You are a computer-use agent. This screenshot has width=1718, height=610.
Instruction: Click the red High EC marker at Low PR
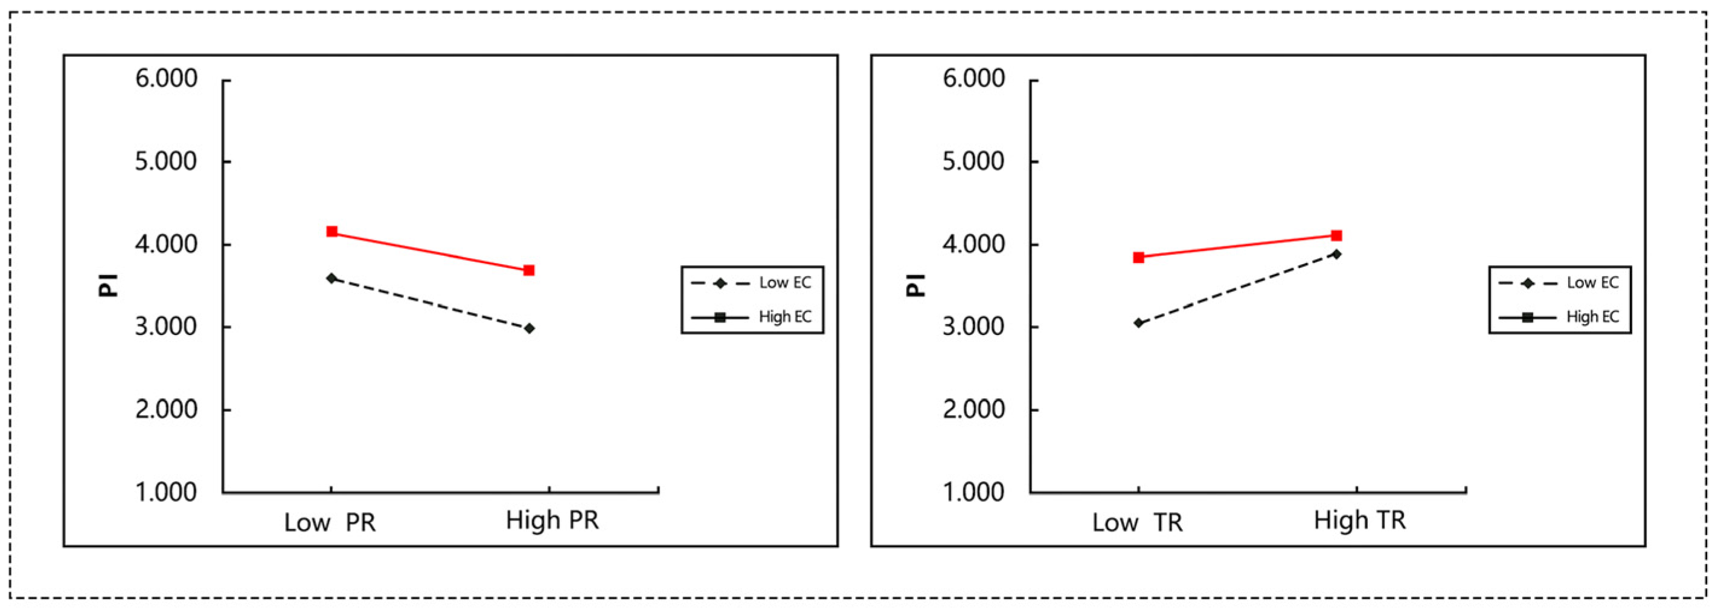pyautogui.click(x=332, y=232)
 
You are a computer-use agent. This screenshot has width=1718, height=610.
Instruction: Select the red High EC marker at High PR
pyautogui.click(x=529, y=270)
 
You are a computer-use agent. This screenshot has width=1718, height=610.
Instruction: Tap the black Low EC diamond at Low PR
pyautogui.click(x=332, y=278)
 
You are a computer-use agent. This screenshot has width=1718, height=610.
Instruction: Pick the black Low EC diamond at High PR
pyautogui.click(x=529, y=328)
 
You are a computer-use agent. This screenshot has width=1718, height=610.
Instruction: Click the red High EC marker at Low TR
pyautogui.click(x=1138, y=258)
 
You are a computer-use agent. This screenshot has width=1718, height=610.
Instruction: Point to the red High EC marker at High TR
pyautogui.click(x=1336, y=236)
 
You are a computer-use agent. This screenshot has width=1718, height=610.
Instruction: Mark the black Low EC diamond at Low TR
pyautogui.click(x=1138, y=323)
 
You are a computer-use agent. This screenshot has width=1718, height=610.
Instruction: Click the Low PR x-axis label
pyautogui.click(x=330, y=522)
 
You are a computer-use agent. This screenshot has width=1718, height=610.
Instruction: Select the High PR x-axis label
pyautogui.click(x=552, y=521)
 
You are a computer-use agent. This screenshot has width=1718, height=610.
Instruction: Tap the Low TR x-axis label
pyautogui.click(x=1138, y=522)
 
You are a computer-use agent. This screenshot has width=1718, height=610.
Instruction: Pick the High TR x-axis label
pyautogui.click(x=1360, y=521)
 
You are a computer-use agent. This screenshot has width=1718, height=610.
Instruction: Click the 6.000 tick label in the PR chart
pyautogui.click(x=166, y=79)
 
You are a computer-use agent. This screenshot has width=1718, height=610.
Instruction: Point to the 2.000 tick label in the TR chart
pyautogui.click(x=973, y=409)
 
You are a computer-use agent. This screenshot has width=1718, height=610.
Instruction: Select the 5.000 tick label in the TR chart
pyautogui.click(x=973, y=161)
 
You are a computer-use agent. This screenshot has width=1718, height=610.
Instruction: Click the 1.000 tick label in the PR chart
pyautogui.click(x=166, y=492)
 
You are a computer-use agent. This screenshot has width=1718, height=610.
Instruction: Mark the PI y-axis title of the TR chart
pyautogui.click(x=915, y=285)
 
